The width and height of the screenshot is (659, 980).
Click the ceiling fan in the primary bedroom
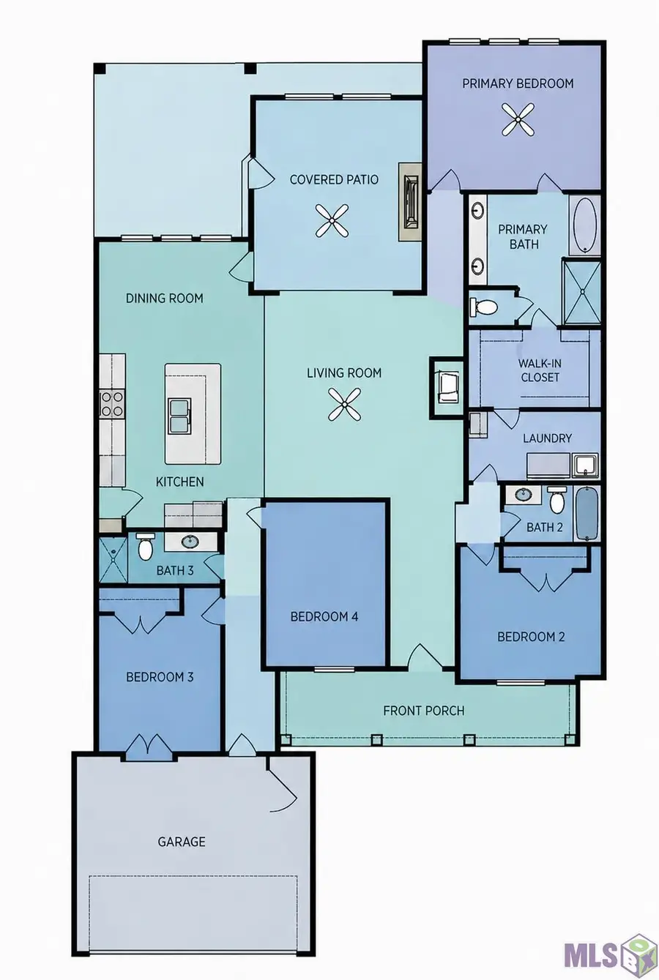[518, 119]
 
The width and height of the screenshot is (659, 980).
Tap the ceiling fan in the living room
[344, 405]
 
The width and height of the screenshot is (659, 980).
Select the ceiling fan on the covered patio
[332, 220]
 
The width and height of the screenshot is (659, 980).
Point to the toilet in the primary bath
[483, 306]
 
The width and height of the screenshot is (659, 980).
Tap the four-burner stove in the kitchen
[112, 404]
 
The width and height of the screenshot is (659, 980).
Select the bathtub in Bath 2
[587, 513]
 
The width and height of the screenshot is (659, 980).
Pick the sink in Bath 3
[190, 542]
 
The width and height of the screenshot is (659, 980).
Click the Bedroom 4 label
[324, 616]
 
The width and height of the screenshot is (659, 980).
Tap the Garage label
[182, 842]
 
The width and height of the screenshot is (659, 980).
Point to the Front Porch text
[423, 711]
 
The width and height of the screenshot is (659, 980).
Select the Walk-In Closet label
[540, 370]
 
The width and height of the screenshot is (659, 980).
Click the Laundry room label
[548, 438]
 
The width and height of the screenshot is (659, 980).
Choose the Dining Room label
[165, 299]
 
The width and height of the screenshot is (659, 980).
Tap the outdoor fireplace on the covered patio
[410, 202]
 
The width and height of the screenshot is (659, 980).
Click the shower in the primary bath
[582, 292]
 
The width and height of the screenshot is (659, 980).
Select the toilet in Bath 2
[556, 500]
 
